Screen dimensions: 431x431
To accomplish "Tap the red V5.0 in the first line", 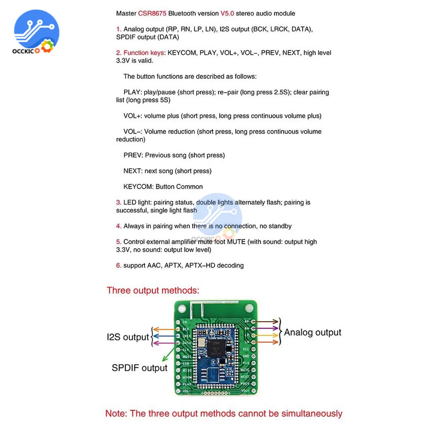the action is pyautogui.click(x=227, y=13).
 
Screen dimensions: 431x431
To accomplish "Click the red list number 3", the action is pyautogui.click(x=119, y=202).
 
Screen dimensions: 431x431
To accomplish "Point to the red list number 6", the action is pyautogui.click(x=119, y=265).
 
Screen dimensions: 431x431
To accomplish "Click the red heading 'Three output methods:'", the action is pyautogui.click(x=153, y=290).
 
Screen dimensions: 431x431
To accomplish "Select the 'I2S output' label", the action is pyautogui.click(x=128, y=337).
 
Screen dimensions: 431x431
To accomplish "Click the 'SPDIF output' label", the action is pyautogui.click(x=139, y=368).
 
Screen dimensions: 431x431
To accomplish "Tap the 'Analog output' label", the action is pyautogui.click(x=312, y=332).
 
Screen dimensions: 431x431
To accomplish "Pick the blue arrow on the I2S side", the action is pyautogui.click(x=166, y=336).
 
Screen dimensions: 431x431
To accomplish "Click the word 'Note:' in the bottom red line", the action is pyautogui.click(x=116, y=414).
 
